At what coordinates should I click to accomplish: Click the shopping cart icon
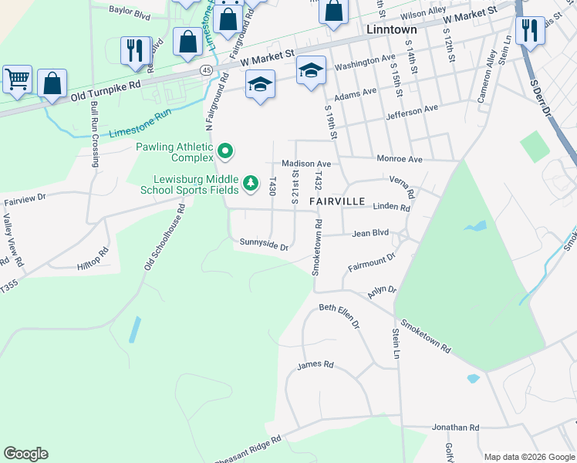(16, 78)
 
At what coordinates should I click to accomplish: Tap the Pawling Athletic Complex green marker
(225, 151)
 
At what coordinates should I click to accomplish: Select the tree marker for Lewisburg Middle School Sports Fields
(250, 184)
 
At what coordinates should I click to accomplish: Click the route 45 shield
(207, 70)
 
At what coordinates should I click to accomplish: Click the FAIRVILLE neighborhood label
(337, 201)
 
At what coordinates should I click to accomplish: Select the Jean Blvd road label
(370, 232)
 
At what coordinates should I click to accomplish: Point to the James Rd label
(315, 365)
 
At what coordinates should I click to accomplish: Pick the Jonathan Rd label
(455, 427)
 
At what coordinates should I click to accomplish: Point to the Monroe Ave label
(399, 159)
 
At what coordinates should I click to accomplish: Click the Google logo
(25, 454)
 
